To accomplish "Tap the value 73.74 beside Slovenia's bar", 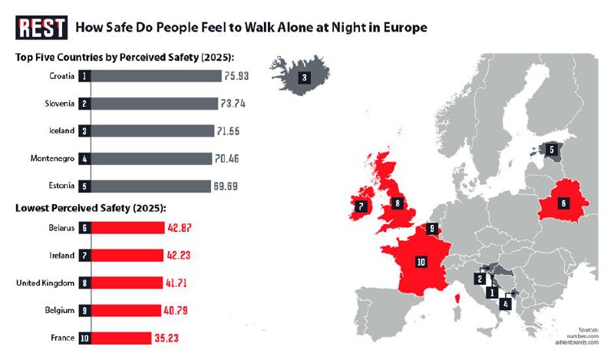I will pos(232,104).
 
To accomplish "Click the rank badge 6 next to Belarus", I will pos(84,227).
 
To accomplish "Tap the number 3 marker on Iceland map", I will pos(305,77).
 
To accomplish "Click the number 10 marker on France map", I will pos(421,262).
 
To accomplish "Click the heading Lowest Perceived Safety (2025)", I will pos(91,208).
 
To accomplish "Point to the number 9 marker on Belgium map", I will pos(432,228).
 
